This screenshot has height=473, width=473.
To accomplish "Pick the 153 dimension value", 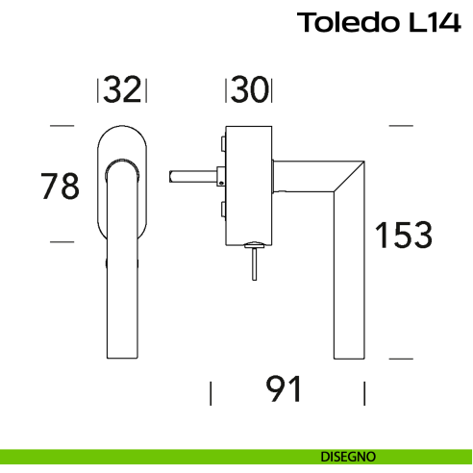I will coord(404,234).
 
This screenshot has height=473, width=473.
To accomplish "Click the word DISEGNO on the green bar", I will coord(348,456).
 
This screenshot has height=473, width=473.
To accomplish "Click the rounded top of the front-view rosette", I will coord(122,130).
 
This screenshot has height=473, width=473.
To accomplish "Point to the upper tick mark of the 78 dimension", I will coord(62,126).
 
